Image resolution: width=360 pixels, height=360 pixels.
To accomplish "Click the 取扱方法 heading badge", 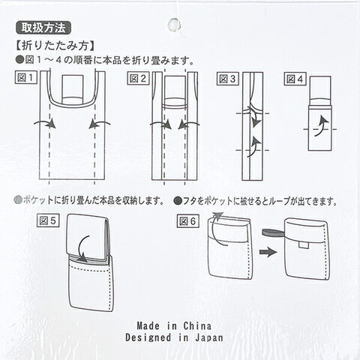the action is (43, 28).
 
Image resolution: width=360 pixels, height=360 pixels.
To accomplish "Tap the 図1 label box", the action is (26, 77).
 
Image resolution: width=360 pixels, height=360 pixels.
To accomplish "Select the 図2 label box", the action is (138, 79).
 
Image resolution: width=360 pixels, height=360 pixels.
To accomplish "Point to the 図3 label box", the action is (227, 79).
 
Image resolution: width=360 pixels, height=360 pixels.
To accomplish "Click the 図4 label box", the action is (295, 79).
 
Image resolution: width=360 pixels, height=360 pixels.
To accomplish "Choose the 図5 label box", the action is (48, 220).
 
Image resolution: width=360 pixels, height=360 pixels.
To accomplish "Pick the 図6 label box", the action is (188, 221).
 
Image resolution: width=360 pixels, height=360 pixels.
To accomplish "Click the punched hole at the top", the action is (174, 25).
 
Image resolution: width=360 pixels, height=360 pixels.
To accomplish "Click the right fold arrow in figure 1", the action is (99, 123).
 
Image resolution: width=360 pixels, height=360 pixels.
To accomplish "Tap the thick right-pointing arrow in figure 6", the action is (268, 252).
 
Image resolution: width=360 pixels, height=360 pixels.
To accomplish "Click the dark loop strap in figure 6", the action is (273, 233).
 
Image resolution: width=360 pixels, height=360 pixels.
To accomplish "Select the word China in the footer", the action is (197, 325).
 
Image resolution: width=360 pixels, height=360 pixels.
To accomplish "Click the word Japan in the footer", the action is (208, 338).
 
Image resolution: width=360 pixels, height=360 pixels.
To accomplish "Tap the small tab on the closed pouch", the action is (304, 245).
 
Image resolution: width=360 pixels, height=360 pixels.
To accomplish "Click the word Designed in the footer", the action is (148, 337).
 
